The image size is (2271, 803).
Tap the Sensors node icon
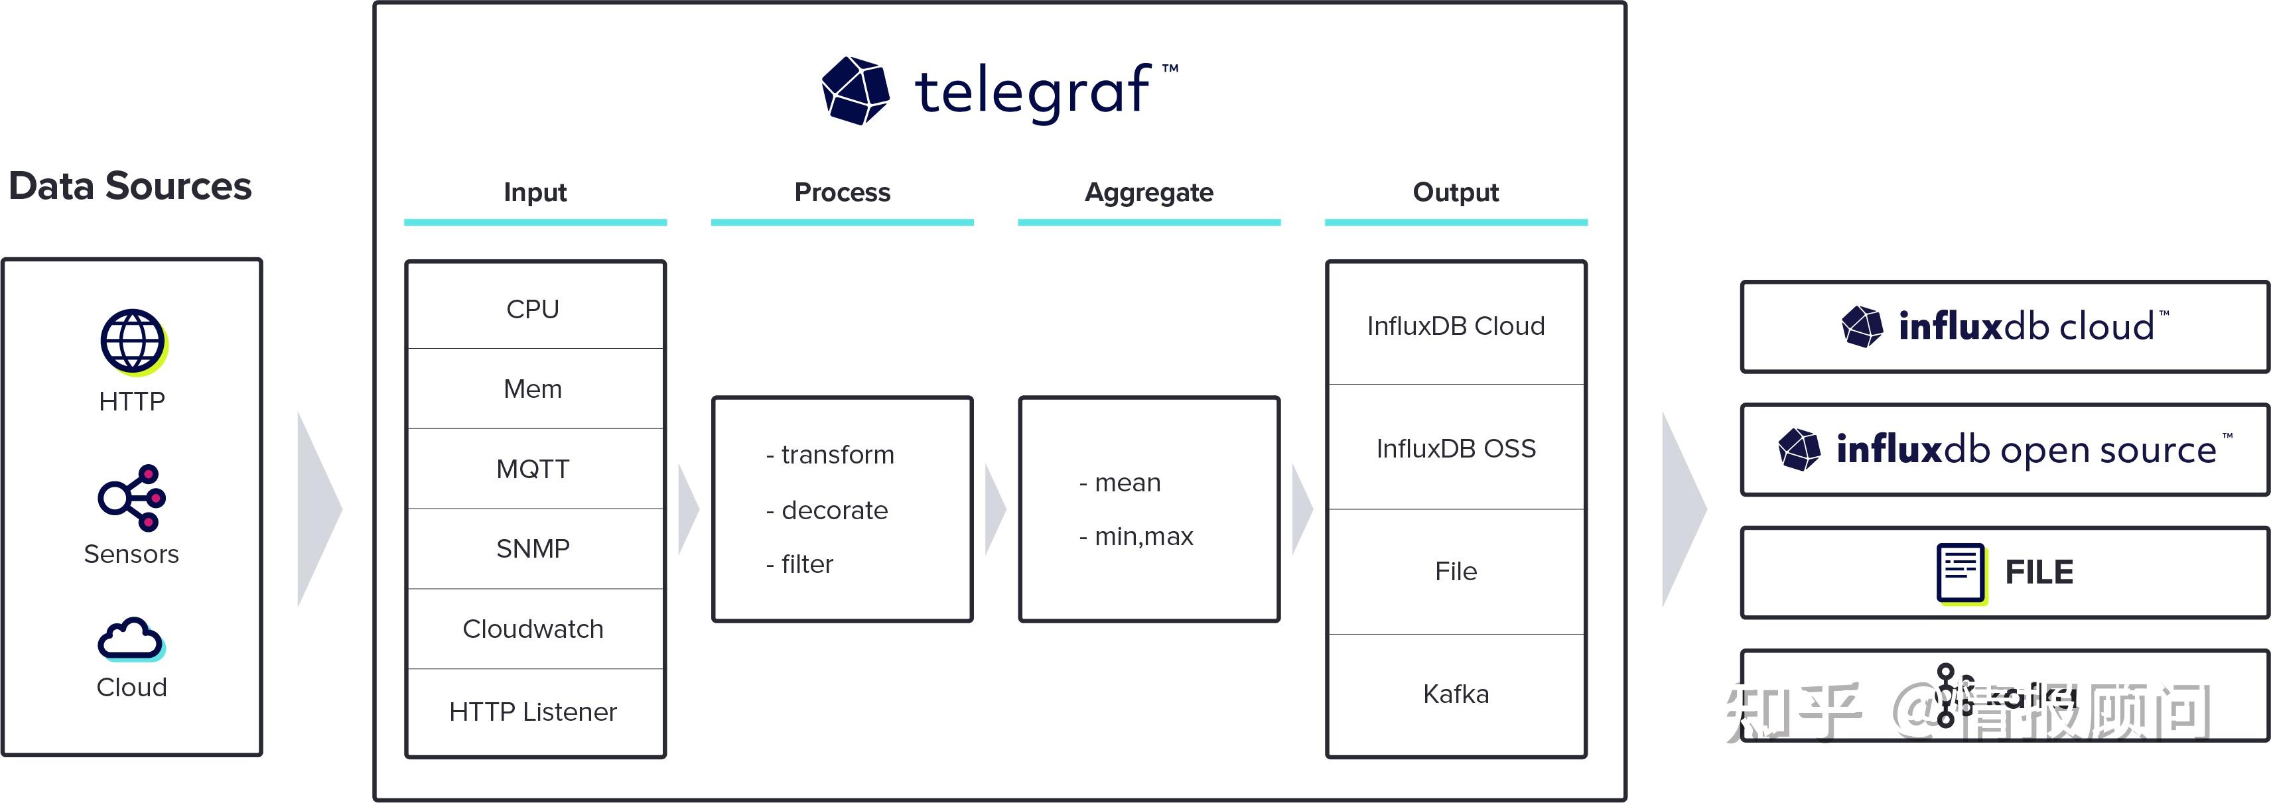click(x=131, y=498)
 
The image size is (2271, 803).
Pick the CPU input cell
click(x=533, y=308)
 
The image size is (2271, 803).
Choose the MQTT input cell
click(x=533, y=469)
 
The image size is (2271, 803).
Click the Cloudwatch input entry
click(x=533, y=629)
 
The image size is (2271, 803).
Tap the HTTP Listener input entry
click(x=533, y=711)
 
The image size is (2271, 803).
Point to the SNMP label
click(x=533, y=548)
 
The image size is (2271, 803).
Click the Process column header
click(x=842, y=192)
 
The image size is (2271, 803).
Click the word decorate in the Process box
click(x=834, y=511)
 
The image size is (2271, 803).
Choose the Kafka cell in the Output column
click(x=1456, y=694)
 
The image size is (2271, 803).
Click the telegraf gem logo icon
click(x=855, y=91)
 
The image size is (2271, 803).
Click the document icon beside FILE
click(x=1961, y=573)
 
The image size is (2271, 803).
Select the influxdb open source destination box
click(x=2004, y=450)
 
